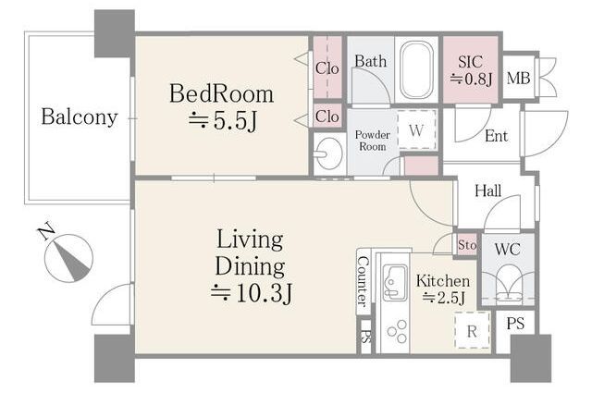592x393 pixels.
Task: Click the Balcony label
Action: (x=80, y=117)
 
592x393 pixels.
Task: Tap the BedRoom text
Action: (x=221, y=93)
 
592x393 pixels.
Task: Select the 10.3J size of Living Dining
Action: (x=252, y=293)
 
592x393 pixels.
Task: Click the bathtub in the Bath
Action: (x=416, y=70)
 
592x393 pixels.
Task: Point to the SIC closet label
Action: (x=470, y=62)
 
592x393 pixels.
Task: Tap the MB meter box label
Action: (x=518, y=79)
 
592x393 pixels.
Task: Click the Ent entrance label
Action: (x=496, y=136)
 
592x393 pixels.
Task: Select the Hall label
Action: (x=487, y=190)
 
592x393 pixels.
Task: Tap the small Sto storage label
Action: (x=466, y=245)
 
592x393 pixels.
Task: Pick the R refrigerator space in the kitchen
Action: (x=472, y=331)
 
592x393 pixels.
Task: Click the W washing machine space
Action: (x=416, y=130)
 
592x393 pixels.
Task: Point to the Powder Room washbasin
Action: (x=329, y=154)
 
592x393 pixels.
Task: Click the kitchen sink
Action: (x=395, y=282)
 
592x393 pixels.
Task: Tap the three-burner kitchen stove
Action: (x=397, y=332)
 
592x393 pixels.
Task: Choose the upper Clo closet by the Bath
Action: (x=327, y=68)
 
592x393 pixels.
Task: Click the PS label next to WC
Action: (x=515, y=324)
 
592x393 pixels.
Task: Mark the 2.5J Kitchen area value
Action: (x=443, y=298)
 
